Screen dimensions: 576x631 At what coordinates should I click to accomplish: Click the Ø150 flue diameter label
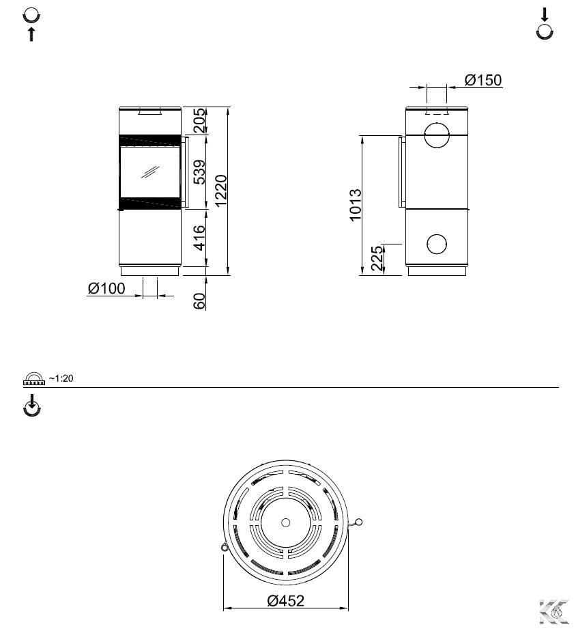coord(483,80)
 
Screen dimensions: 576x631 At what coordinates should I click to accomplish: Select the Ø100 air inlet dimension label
coord(106,288)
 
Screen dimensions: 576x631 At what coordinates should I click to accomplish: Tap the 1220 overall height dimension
coord(221,191)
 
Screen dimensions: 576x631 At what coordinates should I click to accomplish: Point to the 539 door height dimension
coord(199,172)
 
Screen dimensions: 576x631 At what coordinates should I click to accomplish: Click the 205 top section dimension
coord(199,120)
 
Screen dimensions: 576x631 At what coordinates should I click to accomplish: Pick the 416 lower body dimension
coord(199,238)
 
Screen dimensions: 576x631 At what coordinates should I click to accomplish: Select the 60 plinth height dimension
coord(199,301)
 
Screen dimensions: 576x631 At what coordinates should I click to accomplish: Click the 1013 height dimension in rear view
coord(355,205)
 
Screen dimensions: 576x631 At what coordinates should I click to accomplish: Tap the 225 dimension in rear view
coord(377,258)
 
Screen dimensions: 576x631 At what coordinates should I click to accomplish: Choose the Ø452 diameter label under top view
coord(286,601)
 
